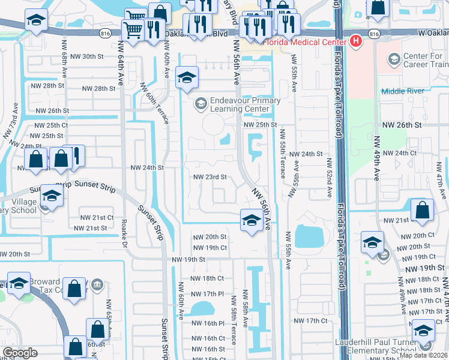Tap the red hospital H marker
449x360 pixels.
coord(356,41)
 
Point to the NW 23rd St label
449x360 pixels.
coord(209,177)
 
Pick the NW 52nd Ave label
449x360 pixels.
coord(330,178)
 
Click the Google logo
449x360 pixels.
coord(19,353)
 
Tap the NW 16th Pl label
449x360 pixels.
coord(208,323)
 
